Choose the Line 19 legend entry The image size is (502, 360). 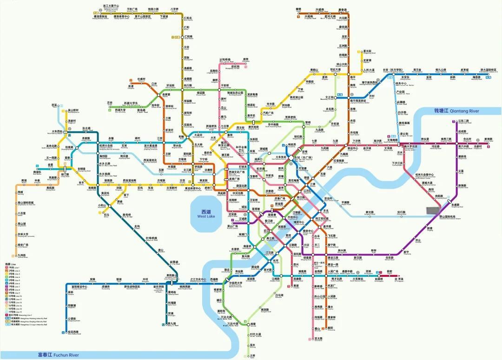coord(15,311)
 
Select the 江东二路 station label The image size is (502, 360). coord(464,121)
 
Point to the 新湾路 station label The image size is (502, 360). coord(488,139)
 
